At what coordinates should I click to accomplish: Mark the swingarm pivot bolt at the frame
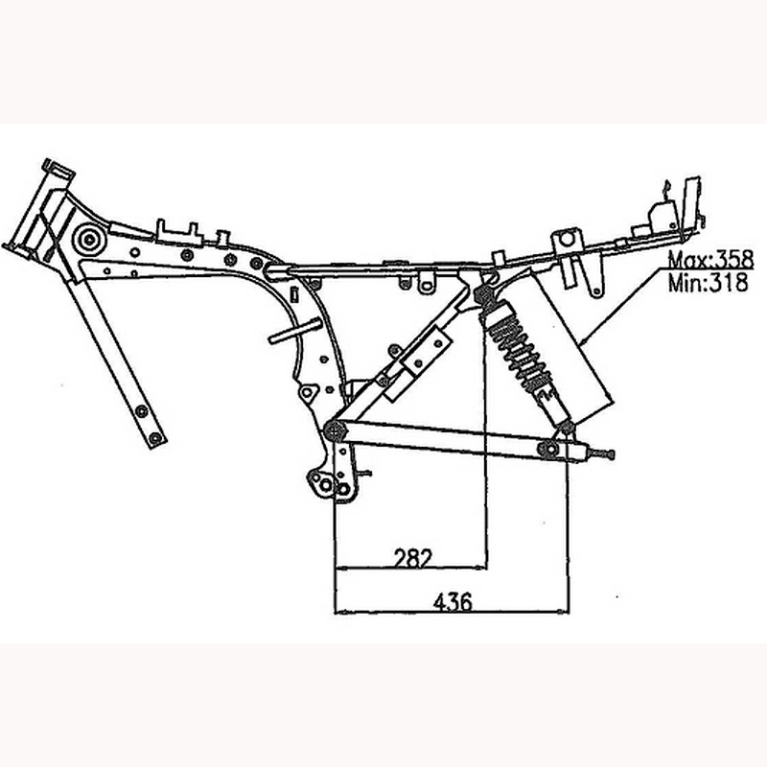tap(335, 429)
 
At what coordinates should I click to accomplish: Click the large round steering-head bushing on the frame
tap(90, 239)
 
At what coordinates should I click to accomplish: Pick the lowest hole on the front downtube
tap(156, 438)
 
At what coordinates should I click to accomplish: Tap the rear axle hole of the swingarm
tap(548, 449)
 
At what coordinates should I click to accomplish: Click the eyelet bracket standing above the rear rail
tap(568, 236)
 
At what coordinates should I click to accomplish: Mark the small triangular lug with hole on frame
tap(308, 393)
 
